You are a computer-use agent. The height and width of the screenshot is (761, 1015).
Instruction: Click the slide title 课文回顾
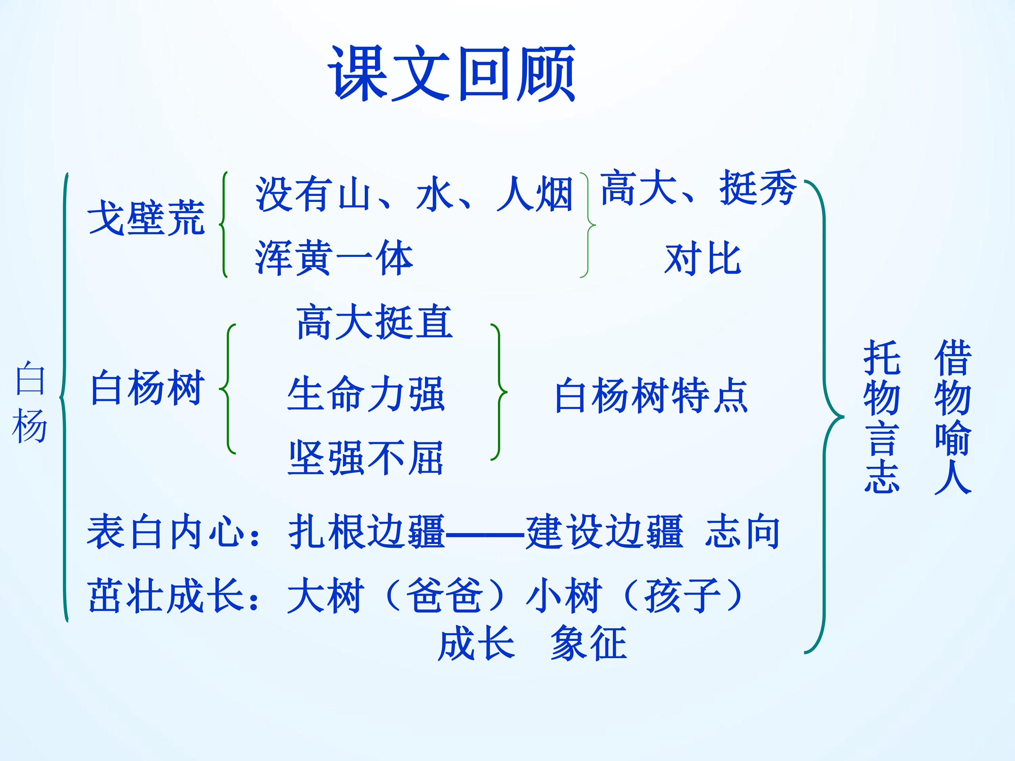(451, 73)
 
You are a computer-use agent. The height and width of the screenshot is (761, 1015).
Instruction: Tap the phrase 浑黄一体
(334, 258)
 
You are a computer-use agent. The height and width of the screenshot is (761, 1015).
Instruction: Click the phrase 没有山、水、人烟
(414, 193)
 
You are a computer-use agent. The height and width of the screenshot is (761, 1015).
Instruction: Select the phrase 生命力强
(366, 394)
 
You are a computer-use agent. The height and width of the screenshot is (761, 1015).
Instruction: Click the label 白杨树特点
(652, 395)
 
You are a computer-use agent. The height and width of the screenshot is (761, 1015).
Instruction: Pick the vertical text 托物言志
(881, 416)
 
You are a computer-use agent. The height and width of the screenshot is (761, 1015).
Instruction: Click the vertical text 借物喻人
(953, 416)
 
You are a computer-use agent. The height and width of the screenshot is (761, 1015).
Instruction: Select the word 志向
(743, 532)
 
